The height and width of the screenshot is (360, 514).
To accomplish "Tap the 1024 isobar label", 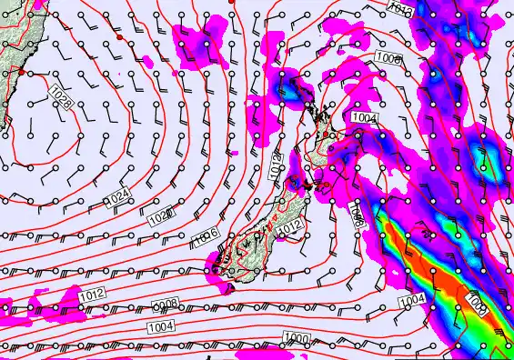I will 117,198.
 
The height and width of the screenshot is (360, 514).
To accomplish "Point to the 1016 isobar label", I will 206,237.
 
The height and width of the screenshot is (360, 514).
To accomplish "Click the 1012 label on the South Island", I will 290,229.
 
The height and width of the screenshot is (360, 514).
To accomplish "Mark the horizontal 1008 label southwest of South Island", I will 165,305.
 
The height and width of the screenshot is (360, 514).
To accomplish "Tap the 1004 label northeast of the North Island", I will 364,117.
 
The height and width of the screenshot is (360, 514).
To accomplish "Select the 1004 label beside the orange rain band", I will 412,300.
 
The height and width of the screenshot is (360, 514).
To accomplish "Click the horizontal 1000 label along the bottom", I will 297,338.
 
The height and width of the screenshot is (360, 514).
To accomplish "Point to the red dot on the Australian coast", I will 21,72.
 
